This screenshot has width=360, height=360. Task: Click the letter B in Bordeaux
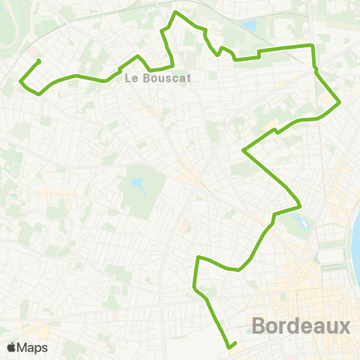click(x=260, y=327)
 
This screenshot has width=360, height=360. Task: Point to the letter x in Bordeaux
click(x=343, y=327)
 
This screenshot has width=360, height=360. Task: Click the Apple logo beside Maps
click(x=11, y=348)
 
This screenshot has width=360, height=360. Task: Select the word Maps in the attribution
click(x=32, y=348)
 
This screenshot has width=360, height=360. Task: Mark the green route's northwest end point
click(x=38, y=61)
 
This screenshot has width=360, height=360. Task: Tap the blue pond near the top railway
click(x=249, y=26)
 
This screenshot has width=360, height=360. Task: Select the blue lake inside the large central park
click(x=137, y=183)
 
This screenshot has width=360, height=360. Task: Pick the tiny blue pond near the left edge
click(x=13, y=196)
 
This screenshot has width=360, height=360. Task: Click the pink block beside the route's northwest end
click(x=34, y=54)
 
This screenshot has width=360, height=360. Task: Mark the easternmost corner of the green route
click(x=340, y=102)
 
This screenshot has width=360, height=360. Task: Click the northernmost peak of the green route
click(x=176, y=13)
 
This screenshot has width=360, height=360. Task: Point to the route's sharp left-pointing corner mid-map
click(x=243, y=150)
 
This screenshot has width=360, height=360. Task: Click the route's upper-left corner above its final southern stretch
click(x=198, y=257)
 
